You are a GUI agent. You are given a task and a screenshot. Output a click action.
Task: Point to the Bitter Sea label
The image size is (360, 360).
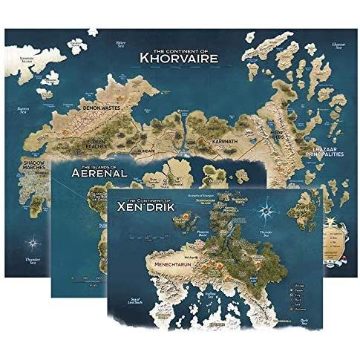pyautogui.click(x=122, y=45)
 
